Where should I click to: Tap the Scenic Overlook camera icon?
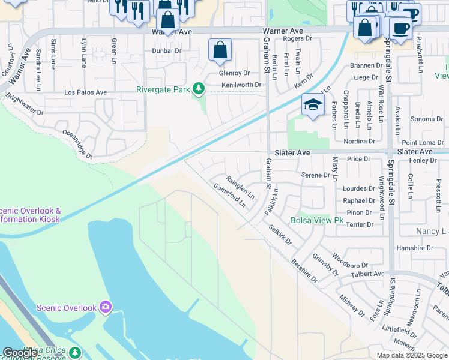pyautogui.click(x=106, y=308)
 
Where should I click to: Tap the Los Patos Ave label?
pyautogui.click(x=85, y=92)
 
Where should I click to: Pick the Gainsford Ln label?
pyautogui.click(x=229, y=195)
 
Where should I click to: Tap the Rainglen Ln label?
pyautogui.click(x=240, y=187)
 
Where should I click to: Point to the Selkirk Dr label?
pyautogui.click(x=280, y=235)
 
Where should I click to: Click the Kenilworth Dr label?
pyautogui.click(x=241, y=85)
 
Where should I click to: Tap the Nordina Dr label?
pyautogui.click(x=358, y=142)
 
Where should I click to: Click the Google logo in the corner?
pyautogui.click(x=20, y=353)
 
